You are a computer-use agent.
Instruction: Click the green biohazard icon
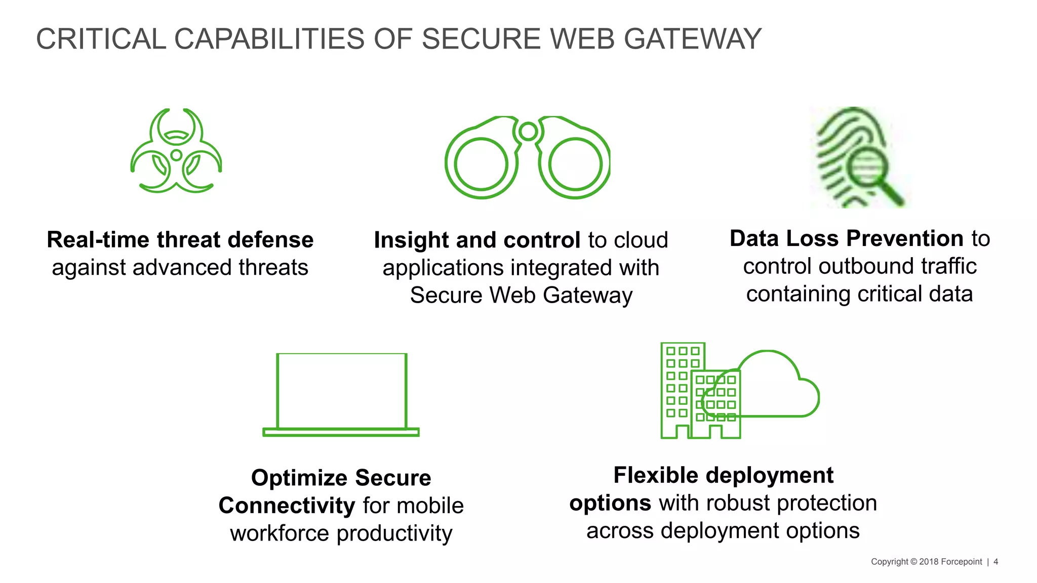(x=176, y=151)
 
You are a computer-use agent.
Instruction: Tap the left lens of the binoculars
(x=480, y=165)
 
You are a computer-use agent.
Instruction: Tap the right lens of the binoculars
(x=575, y=165)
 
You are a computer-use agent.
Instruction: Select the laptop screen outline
(x=342, y=391)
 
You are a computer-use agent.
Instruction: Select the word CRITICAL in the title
(x=101, y=39)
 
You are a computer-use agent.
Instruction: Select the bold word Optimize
(x=299, y=478)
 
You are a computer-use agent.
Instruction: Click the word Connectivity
(x=287, y=506)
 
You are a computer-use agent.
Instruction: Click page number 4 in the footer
(x=996, y=562)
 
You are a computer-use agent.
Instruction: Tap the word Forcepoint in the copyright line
(x=961, y=562)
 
